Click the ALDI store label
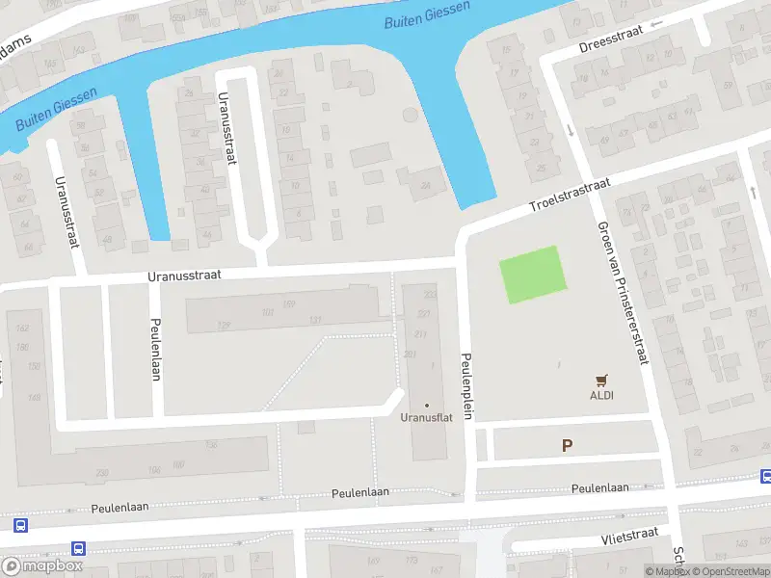(602, 395)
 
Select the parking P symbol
(567, 445)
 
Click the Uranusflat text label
(426, 418)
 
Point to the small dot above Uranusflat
(427, 405)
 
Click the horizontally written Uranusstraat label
(185, 275)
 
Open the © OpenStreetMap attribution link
(729, 571)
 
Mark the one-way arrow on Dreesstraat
(659, 24)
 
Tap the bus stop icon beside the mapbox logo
(79, 548)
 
